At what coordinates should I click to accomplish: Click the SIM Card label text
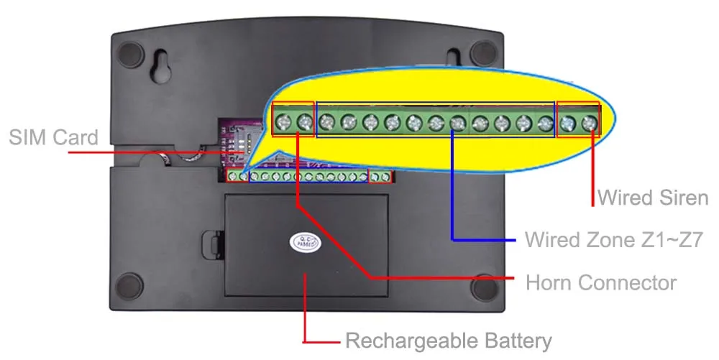53,138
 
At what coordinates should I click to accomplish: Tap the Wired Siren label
653,196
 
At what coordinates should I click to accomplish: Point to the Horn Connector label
601,282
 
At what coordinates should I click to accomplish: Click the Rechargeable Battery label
449,340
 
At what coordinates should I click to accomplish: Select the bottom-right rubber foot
484,287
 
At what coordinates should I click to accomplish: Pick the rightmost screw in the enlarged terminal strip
590,124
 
